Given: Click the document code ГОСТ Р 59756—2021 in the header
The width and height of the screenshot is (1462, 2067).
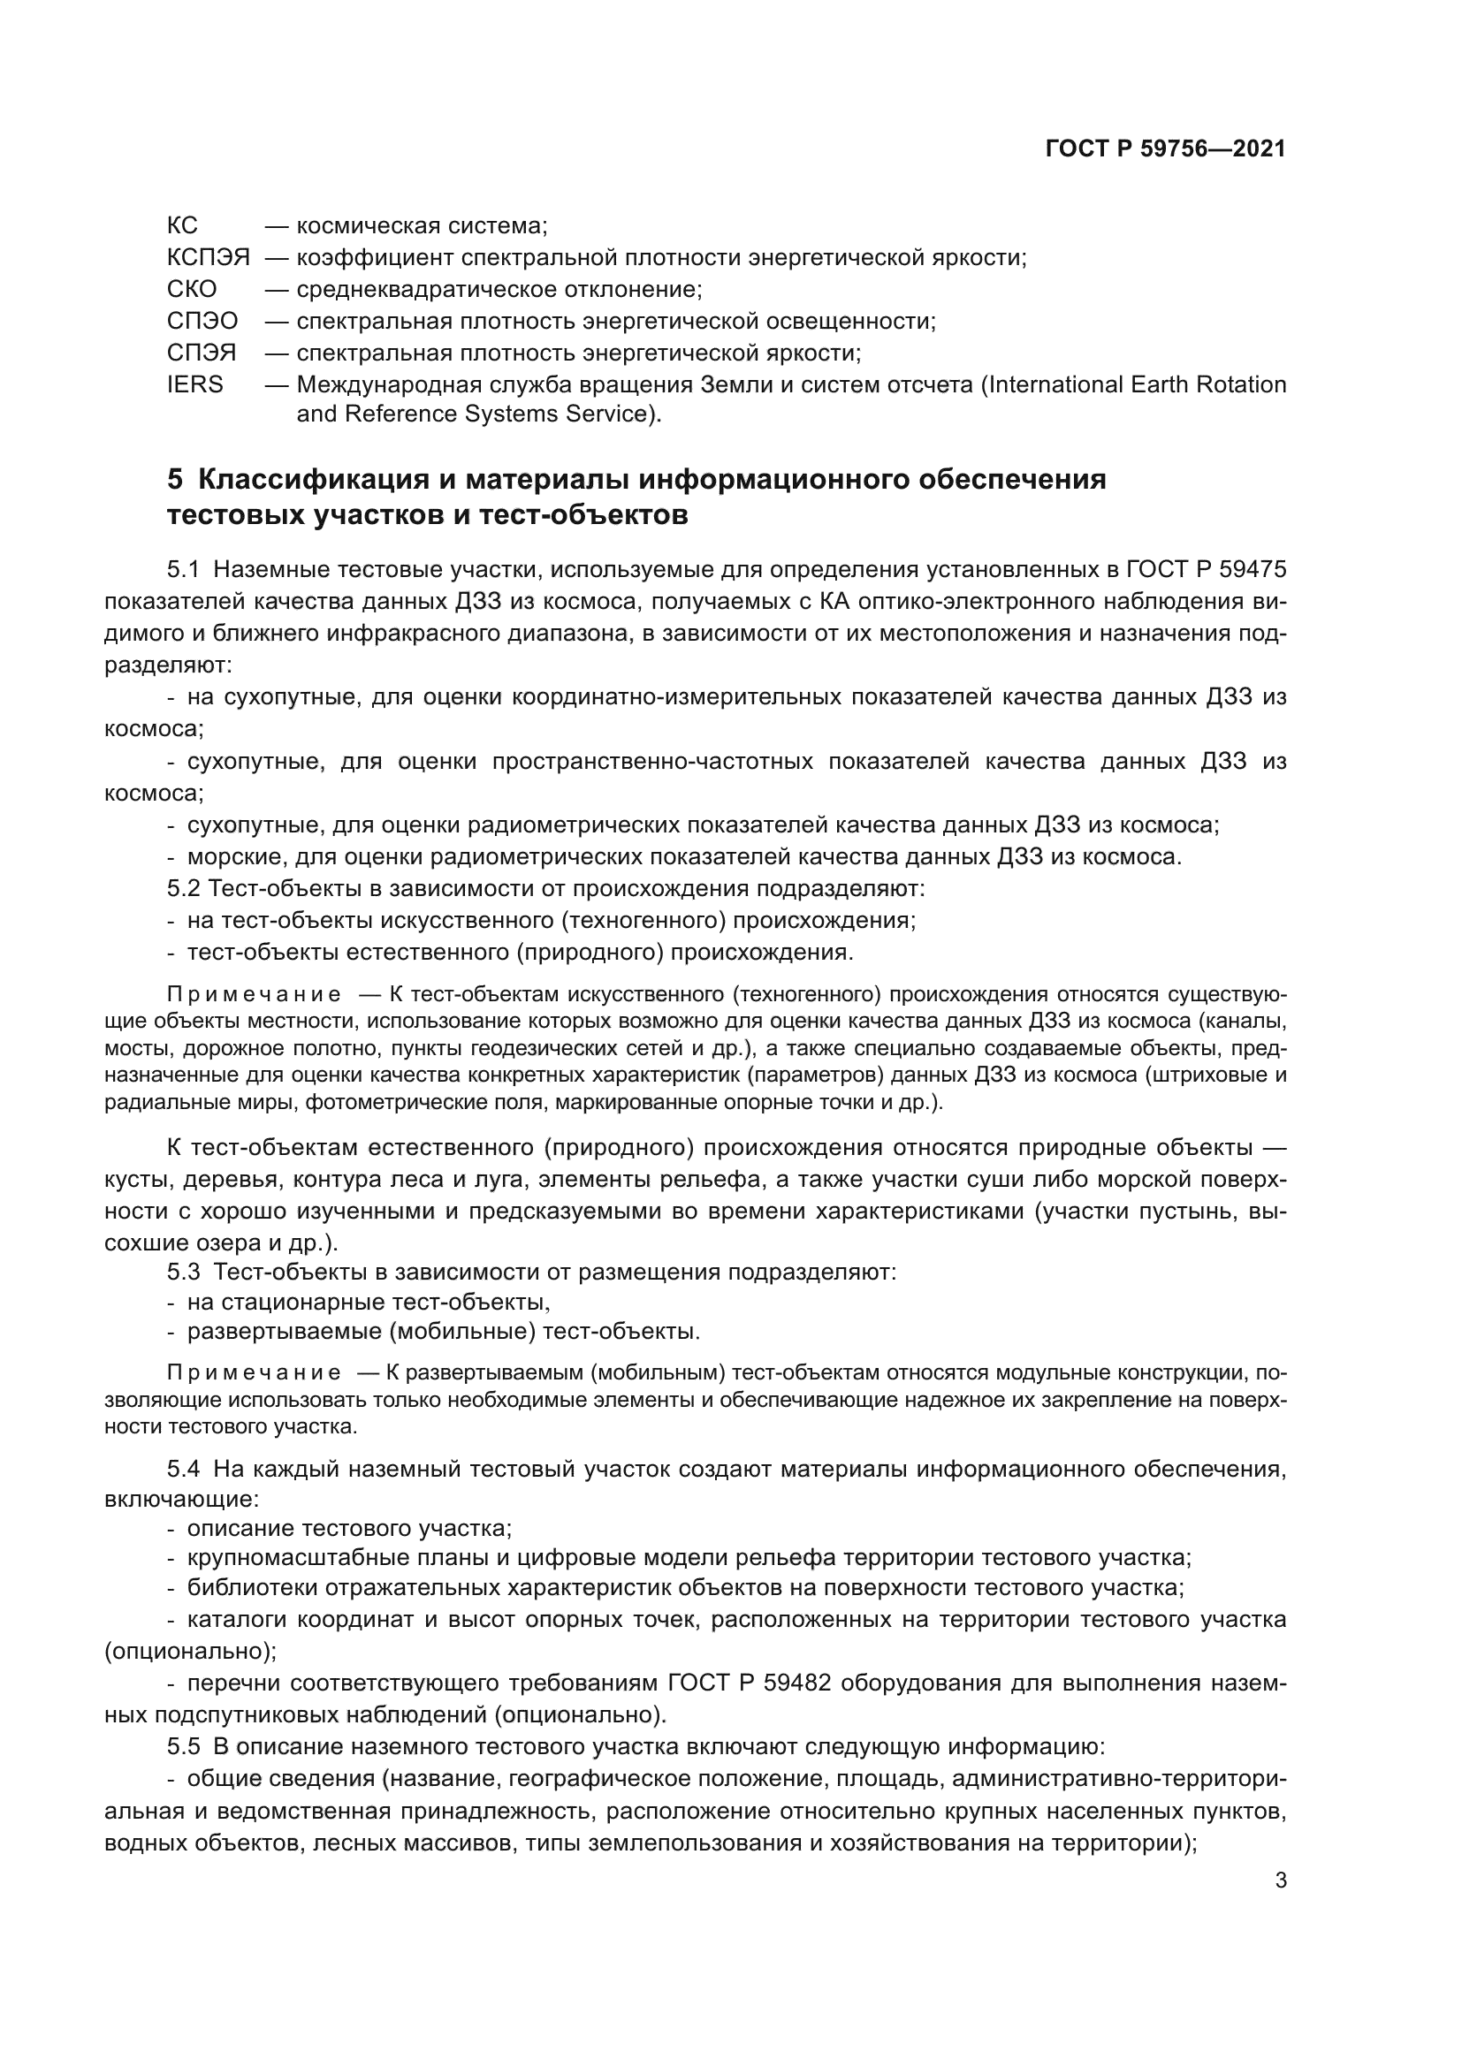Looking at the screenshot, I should [x=1165, y=148].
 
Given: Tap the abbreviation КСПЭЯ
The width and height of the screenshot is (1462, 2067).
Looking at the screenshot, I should [x=208, y=257].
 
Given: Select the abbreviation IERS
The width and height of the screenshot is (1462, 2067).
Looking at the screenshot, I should [x=194, y=384].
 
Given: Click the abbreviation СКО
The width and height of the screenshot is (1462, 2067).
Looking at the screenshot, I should [x=192, y=289].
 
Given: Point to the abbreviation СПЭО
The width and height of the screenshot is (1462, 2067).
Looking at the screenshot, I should [x=202, y=322].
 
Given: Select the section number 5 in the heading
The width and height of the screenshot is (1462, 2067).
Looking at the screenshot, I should [x=175, y=480].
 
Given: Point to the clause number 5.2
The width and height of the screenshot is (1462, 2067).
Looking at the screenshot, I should [x=183, y=888].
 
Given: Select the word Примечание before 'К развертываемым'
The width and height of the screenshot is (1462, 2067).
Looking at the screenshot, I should [x=254, y=1373].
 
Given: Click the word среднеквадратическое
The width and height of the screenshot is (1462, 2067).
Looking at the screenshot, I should [x=427, y=289].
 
